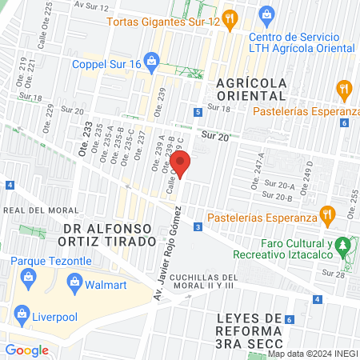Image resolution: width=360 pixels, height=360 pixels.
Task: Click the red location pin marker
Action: pyautogui.click(x=182, y=166)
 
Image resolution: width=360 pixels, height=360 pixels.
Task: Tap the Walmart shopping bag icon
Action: pyautogui.click(x=75, y=282)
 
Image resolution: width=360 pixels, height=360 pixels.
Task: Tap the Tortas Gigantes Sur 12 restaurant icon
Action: pyautogui.click(x=229, y=18)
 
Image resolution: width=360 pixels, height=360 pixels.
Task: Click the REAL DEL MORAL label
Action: pyautogui.click(x=29, y=210)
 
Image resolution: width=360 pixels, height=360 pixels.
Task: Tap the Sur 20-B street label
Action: pyautogui.click(x=278, y=195)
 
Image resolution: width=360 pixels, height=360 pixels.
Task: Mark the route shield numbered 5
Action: pyautogui.click(x=198, y=114)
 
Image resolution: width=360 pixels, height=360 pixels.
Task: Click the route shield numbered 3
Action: pyautogui.click(x=198, y=228)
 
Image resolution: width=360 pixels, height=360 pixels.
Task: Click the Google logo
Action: pyautogui.click(x=27, y=350)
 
